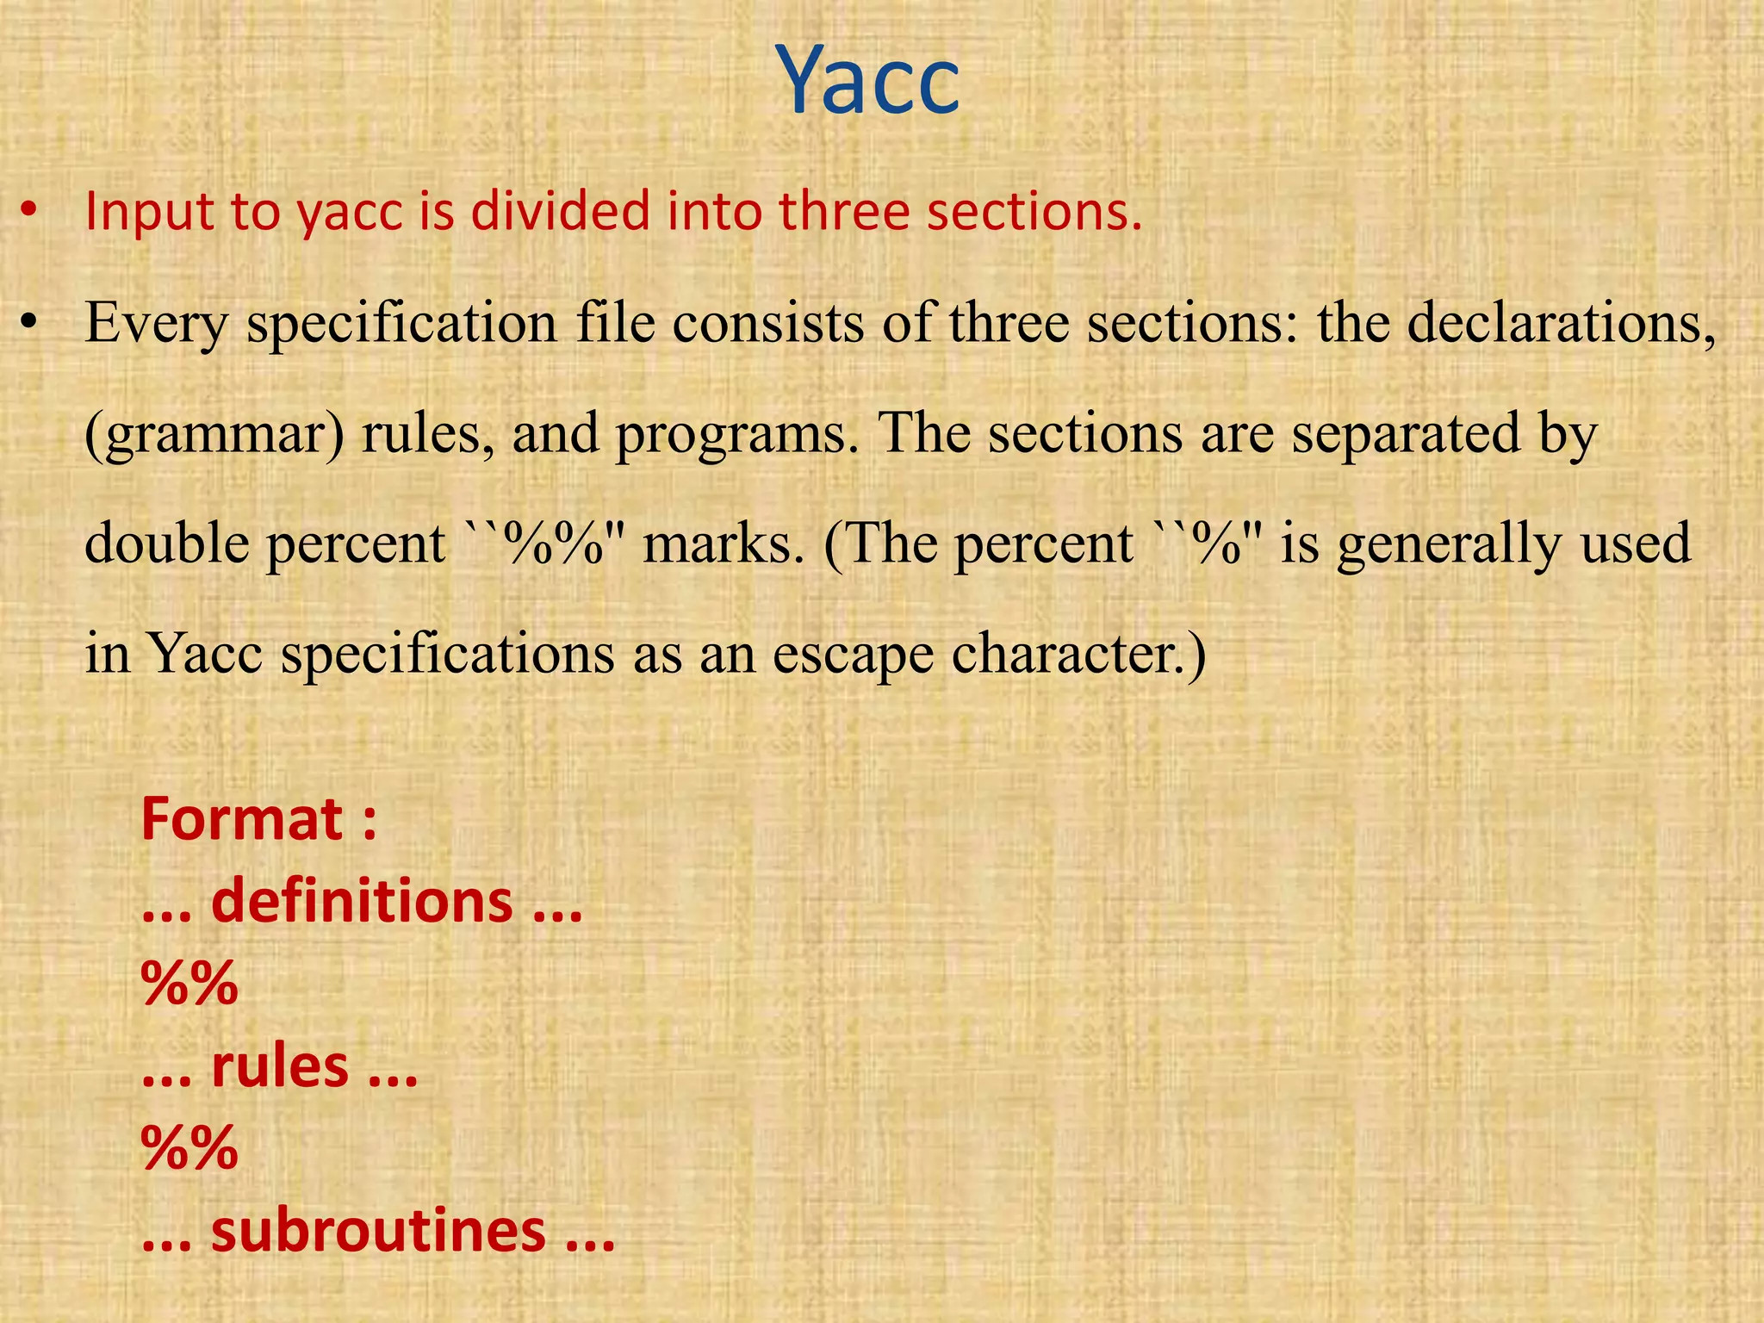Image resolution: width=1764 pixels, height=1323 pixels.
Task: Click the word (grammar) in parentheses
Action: (x=215, y=435)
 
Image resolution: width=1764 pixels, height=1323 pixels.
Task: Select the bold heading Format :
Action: (x=258, y=819)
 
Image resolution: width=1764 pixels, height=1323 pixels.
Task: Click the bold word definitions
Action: (x=362, y=902)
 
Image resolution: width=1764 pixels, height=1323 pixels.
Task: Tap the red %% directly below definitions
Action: (x=189, y=984)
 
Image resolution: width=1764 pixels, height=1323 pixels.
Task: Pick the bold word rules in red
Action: (x=280, y=1066)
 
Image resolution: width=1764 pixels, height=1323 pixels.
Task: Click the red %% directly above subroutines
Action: (x=189, y=1148)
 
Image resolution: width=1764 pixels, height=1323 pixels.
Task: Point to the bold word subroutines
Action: (x=378, y=1232)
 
